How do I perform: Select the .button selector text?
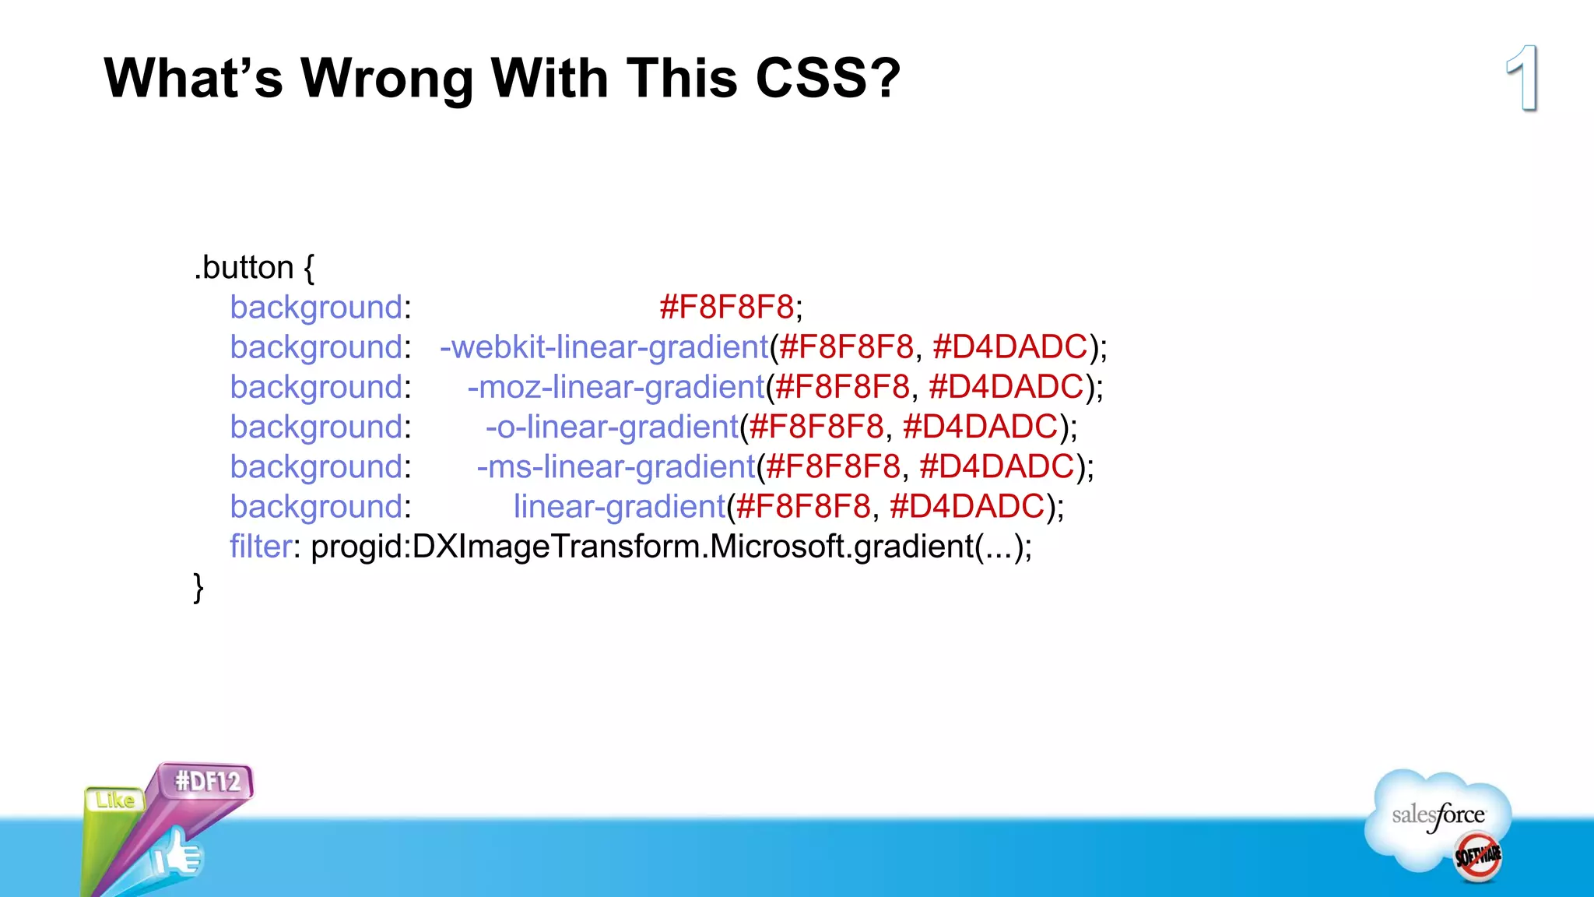point(244,268)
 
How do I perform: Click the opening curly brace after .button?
point(309,268)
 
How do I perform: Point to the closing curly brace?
point(198,587)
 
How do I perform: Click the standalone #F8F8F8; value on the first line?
point(730,308)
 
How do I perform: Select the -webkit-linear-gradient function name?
point(604,347)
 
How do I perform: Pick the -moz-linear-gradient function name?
point(616,387)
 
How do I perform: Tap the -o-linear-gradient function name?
point(612,427)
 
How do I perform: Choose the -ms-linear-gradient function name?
point(616,466)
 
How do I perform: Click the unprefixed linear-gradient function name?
point(620,507)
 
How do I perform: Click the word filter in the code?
point(261,547)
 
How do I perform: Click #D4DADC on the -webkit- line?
point(1009,347)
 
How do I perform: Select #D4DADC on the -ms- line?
point(996,466)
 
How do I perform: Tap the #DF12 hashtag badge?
point(207,781)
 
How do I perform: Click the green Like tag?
point(115,800)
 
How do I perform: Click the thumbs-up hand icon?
point(177,855)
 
